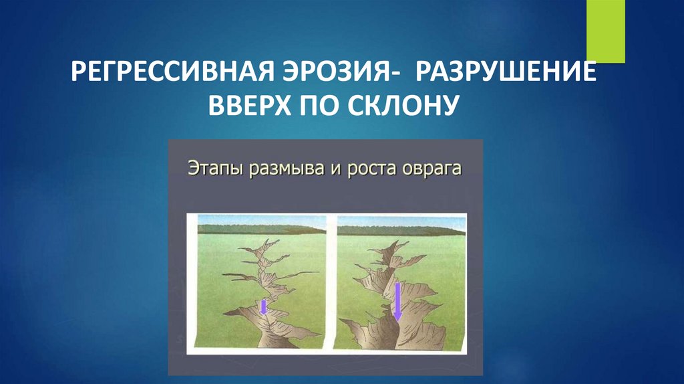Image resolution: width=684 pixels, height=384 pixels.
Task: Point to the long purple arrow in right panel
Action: coord(397,301)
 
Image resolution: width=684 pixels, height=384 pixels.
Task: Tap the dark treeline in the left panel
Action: coord(261,229)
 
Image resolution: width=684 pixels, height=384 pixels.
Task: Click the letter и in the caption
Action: coord(333,169)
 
